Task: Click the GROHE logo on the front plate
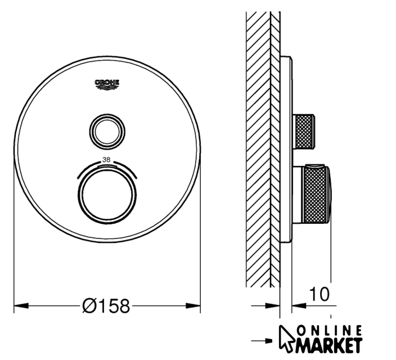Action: pos(107,84)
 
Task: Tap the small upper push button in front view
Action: pos(107,132)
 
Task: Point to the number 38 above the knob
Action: pos(106,160)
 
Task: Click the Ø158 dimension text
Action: pos(106,305)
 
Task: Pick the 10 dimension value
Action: pos(319,294)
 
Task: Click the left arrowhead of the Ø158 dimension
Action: pos(21,305)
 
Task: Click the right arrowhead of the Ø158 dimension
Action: pos(193,305)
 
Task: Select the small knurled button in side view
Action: pos(304,132)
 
